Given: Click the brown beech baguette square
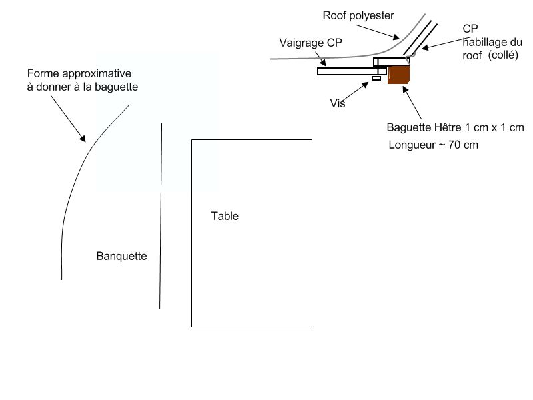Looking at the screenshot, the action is point(398,75).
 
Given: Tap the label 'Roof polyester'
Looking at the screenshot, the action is point(358,15).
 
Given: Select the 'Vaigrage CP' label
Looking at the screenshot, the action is point(310,43).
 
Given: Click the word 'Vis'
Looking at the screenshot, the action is point(338,103).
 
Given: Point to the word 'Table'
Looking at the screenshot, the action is point(225,216).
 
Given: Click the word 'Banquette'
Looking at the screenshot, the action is point(122,256).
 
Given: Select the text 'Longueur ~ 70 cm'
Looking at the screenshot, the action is point(434,145).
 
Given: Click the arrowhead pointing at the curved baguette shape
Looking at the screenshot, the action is point(83,138).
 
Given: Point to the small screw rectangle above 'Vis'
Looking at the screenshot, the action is point(376,79).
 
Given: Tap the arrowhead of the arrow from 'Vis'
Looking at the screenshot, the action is point(365,85).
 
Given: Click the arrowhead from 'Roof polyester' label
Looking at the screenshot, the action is point(396,37).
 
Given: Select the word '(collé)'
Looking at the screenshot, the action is point(503,55).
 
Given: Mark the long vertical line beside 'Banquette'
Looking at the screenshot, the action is point(161,216).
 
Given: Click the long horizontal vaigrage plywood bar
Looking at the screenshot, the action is point(352,71).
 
